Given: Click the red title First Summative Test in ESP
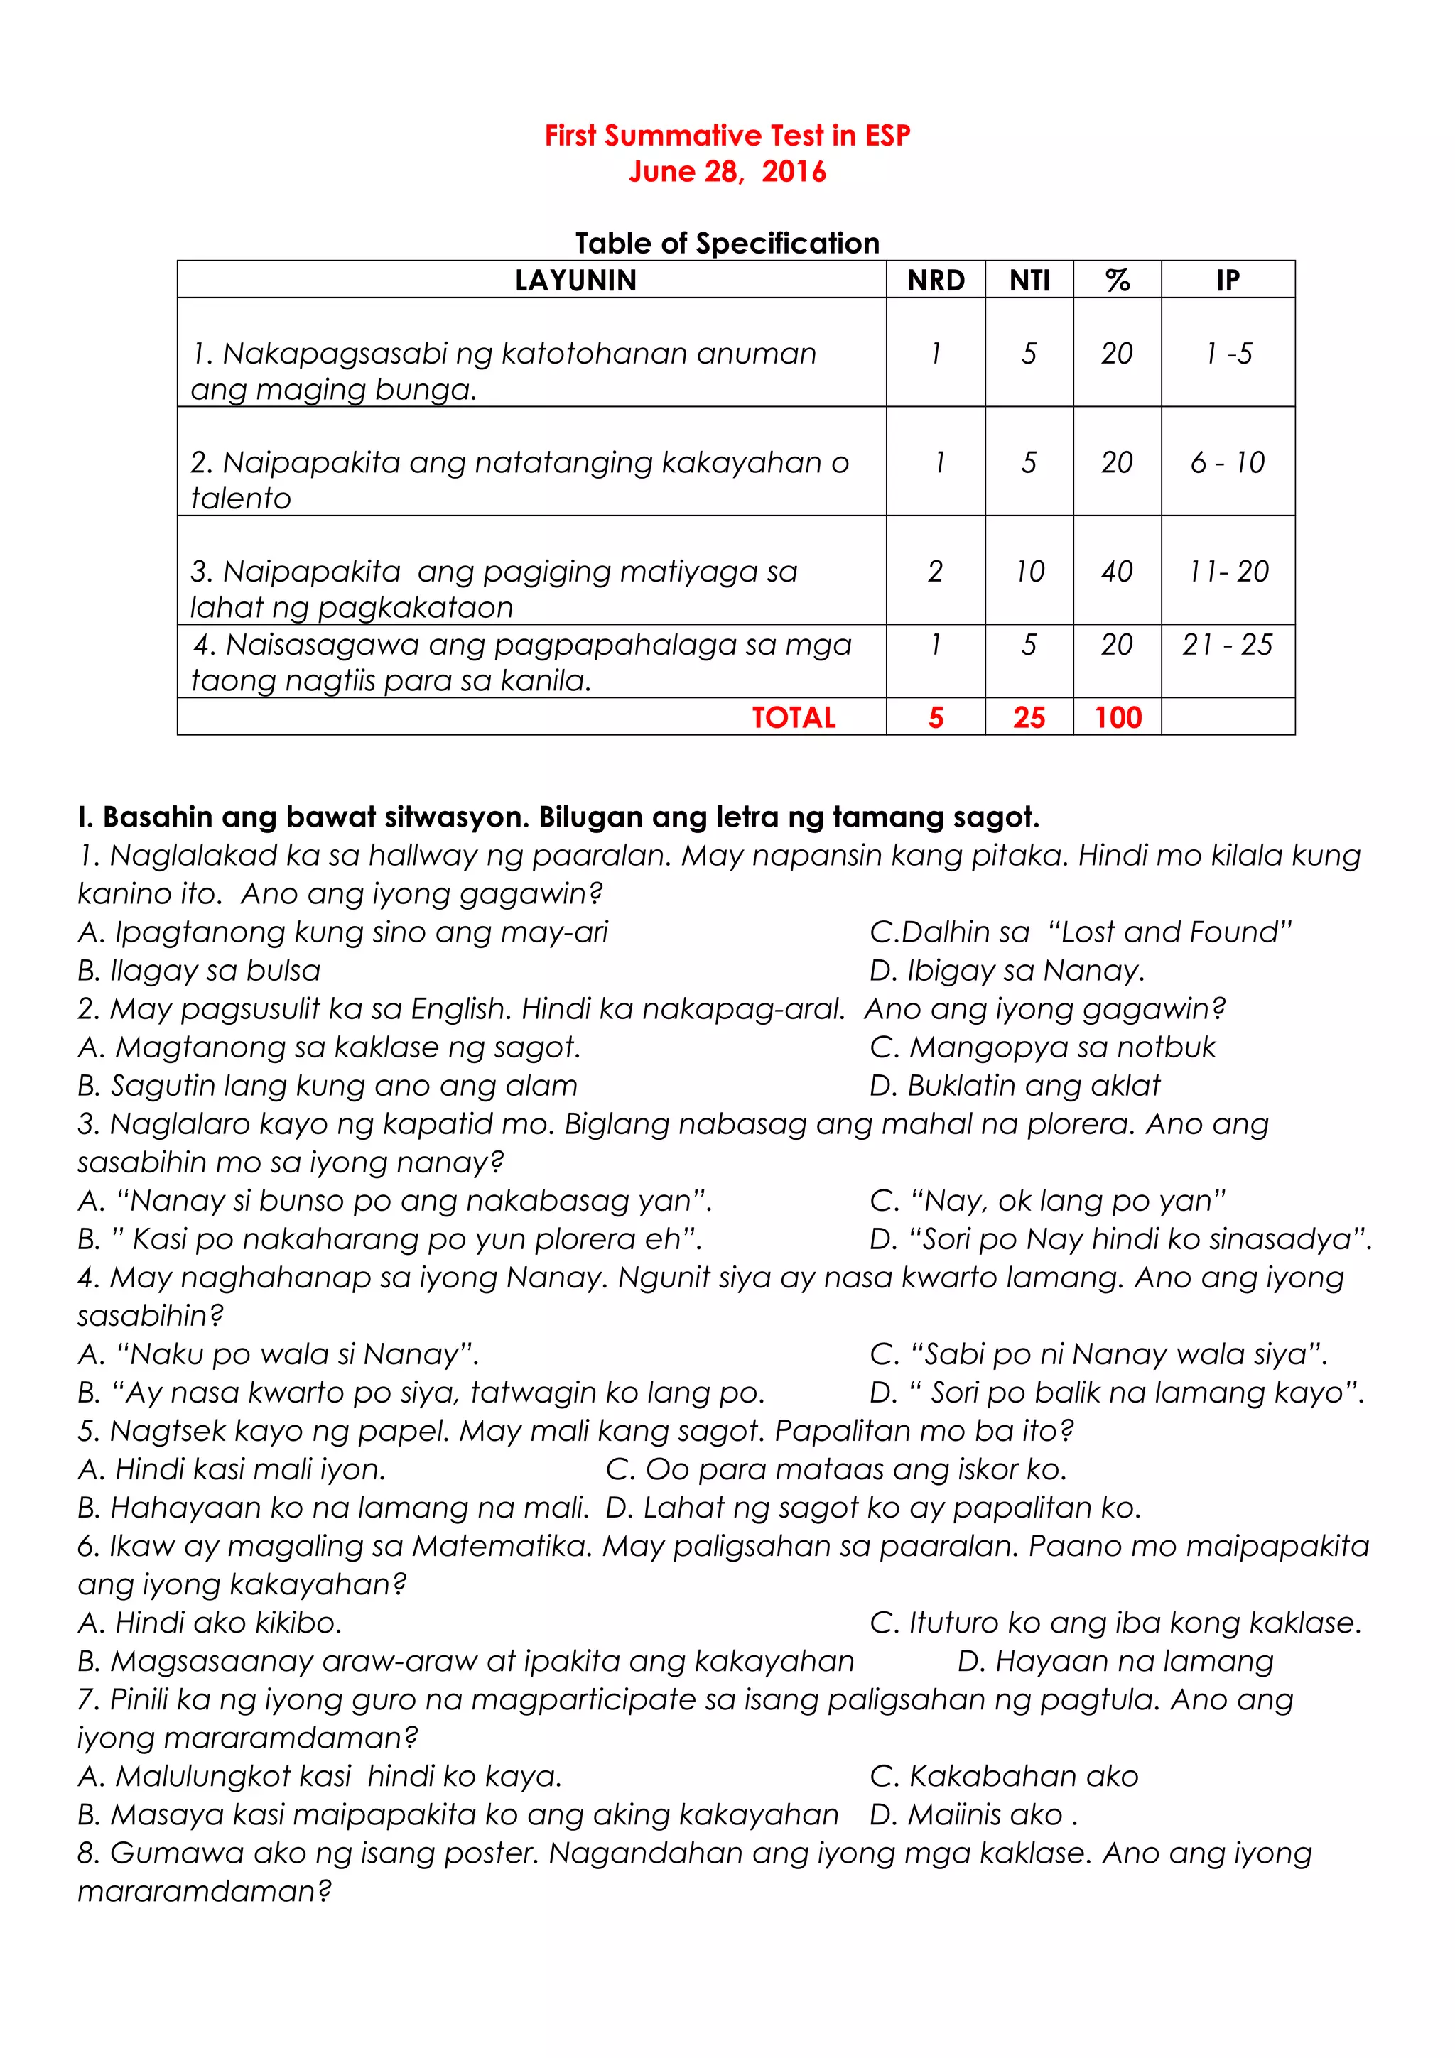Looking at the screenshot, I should pyautogui.click(x=727, y=136).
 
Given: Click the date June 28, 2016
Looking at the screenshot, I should pyautogui.click(x=727, y=171).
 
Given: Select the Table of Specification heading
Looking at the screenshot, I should pyautogui.click(x=727, y=243).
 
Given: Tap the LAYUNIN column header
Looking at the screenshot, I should pyautogui.click(x=575, y=281).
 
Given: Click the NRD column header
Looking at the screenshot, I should pyautogui.click(x=935, y=281).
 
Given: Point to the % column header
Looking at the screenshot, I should pyautogui.click(x=1117, y=281).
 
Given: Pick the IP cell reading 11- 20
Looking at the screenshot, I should pyautogui.click(x=1228, y=571).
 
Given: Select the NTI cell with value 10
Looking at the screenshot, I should pyautogui.click(x=1029, y=571).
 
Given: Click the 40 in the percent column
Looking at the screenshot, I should pyautogui.click(x=1117, y=571).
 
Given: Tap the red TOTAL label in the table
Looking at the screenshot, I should pyautogui.click(x=794, y=717).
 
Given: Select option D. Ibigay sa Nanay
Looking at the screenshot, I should pyautogui.click(x=1007, y=971).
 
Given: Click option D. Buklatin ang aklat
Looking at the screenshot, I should pyautogui.click(x=1014, y=1086).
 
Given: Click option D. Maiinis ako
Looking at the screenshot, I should pyautogui.click(x=973, y=1814).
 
